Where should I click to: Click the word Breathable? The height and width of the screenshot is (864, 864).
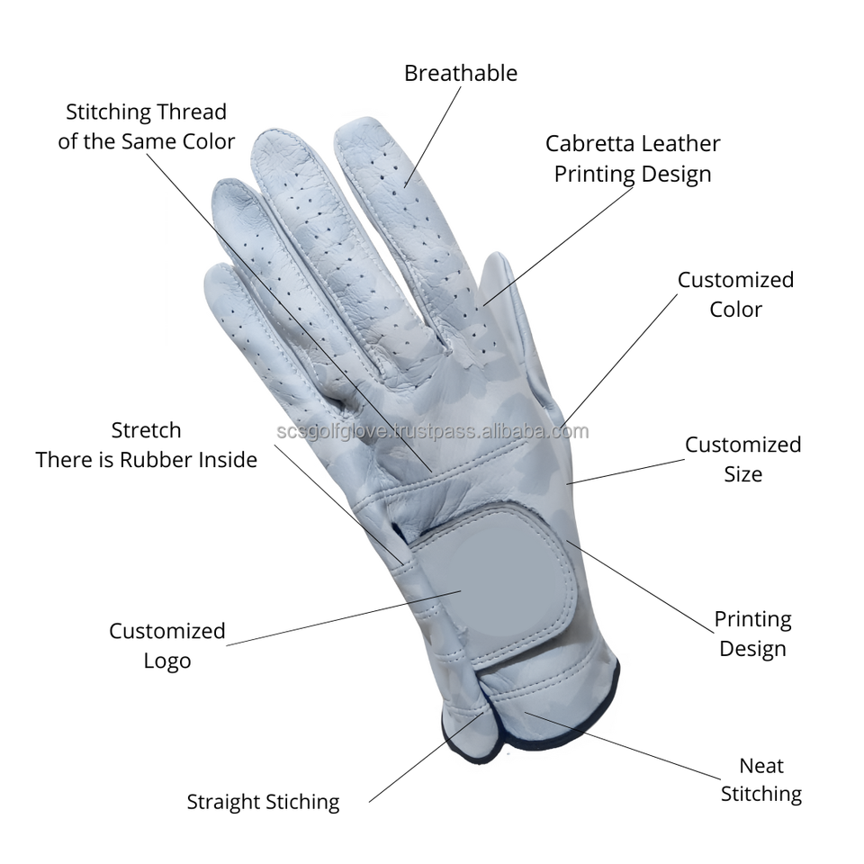tap(460, 73)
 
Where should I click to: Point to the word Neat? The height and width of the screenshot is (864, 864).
tap(761, 766)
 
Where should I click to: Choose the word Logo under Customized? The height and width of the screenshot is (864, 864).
tap(167, 661)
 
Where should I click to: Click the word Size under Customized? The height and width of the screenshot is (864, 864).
tap(743, 474)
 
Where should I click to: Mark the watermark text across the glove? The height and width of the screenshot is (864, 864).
tap(432, 431)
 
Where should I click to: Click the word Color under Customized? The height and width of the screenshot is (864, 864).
tap(735, 310)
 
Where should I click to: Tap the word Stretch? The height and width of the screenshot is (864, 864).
tap(146, 430)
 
